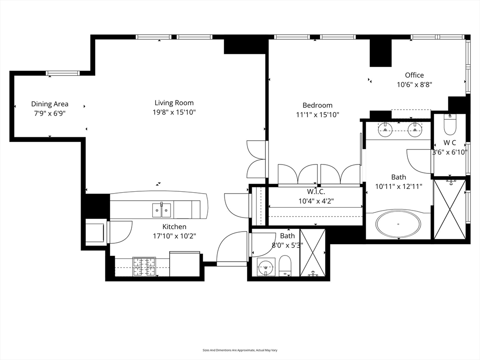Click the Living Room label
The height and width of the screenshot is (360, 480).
[x=174, y=103]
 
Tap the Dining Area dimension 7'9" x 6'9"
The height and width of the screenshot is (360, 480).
[x=50, y=113]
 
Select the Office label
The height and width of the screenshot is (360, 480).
[x=414, y=75]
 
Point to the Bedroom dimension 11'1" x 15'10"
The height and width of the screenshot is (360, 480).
[x=317, y=115]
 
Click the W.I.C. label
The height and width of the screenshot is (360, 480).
[x=316, y=192]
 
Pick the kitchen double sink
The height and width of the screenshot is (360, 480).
[x=162, y=210]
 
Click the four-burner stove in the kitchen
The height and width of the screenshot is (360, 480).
[x=144, y=267]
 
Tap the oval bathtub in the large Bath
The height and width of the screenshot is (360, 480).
[x=398, y=224]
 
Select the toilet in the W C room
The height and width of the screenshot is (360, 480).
[x=450, y=125]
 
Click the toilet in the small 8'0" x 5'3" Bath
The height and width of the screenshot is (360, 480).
[x=285, y=266]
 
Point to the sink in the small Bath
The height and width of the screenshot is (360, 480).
[x=266, y=267]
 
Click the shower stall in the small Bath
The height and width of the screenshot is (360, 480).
[x=313, y=253]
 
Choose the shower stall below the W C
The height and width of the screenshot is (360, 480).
[x=450, y=210]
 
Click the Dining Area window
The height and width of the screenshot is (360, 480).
[x=63, y=73]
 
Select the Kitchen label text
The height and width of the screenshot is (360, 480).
[x=174, y=227]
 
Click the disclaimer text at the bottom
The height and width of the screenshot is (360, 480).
[x=240, y=350]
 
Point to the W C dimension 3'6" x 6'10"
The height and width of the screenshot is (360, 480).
[x=450, y=152]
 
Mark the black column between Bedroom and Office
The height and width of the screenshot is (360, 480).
[x=381, y=52]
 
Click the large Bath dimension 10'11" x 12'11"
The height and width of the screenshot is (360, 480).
[x=398, y=187]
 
